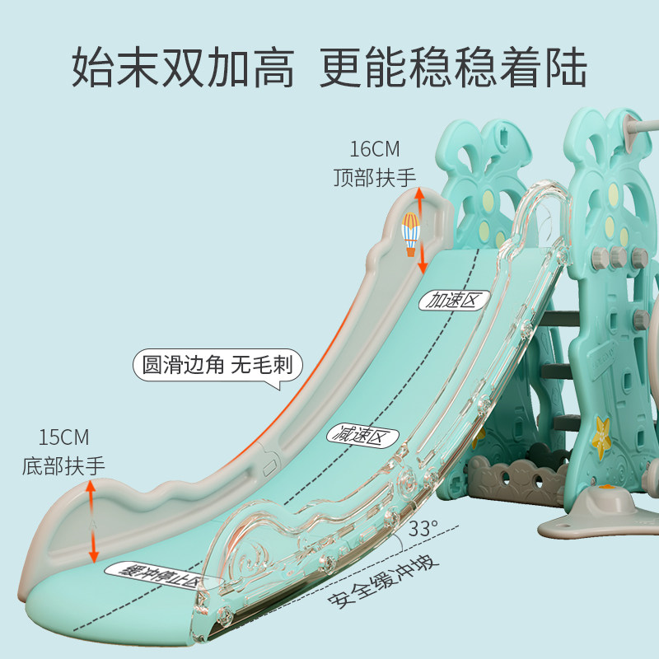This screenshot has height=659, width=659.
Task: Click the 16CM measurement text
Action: [374, 150]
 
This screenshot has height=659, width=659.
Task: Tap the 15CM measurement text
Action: [63, 437]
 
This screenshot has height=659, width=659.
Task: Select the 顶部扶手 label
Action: [374, 177]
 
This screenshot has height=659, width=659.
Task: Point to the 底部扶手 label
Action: [63, 465]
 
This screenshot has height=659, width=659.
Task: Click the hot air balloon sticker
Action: [410, 232]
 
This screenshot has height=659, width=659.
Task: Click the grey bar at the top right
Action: [640, 126]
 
